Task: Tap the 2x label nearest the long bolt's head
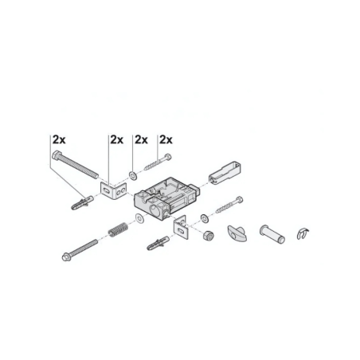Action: point(59,139)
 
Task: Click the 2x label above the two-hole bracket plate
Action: point(115,139)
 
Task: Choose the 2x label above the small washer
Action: point(141,139)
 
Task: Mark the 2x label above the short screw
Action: point(166,139)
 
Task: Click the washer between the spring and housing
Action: point(140,217)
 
